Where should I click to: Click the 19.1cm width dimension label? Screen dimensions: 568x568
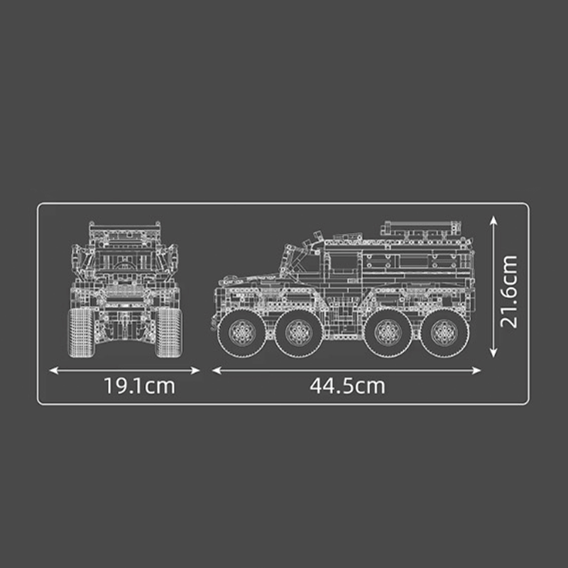[139, 386]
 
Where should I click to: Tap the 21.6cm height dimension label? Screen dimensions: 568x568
[508, 291]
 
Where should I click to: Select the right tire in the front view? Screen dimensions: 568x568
[169, 330]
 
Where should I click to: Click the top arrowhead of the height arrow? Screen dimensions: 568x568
[493, 222]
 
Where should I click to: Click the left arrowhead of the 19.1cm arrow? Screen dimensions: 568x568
[52, 370]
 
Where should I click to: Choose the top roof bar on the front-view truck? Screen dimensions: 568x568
[124, 225]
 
